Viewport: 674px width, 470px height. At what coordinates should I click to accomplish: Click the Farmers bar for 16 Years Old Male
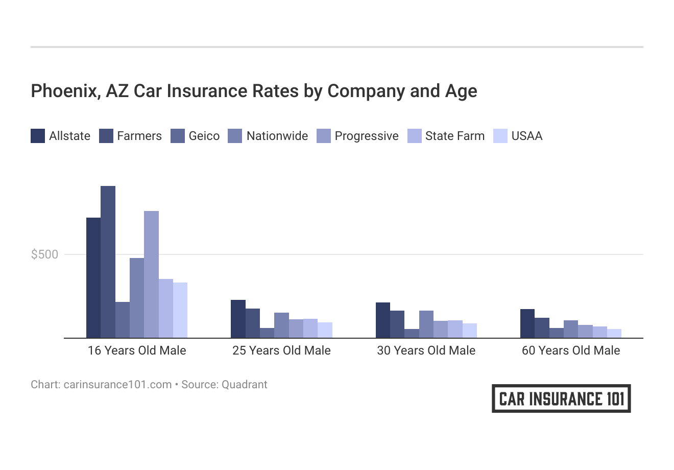pyautogui.click(x=108, y=262)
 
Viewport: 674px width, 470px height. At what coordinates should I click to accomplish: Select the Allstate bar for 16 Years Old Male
pyautogui.click(x=93, y=277)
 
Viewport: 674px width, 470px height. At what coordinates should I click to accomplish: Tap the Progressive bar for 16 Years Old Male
pyautogui.click(x=151, y=274)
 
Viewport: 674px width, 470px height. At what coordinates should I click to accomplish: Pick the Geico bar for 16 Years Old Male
pyautogui.click(x=123, y=320)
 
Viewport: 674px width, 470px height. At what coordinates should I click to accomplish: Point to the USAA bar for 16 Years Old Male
pyautogui.click(x=180, y=310)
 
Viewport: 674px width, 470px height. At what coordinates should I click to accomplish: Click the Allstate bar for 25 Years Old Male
pyautogui.click(x=238, y=319)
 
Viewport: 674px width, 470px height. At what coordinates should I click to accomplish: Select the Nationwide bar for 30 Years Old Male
pyautogui.click(x=426, y=324)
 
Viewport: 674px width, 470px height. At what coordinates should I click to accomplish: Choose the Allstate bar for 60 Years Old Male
pyautogui.click(x=527, y=323)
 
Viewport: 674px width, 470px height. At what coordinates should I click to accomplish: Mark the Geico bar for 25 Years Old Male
pyautogui.click(x=267, y=333)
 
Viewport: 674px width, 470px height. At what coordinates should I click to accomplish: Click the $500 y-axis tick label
pyautogui.click(x=45, y=254)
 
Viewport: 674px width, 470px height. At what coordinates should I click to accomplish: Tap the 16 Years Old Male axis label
pyautogui.click(x=137, y=350)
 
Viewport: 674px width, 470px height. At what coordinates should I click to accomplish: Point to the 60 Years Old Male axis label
pyautogui.click(x=571, y=350)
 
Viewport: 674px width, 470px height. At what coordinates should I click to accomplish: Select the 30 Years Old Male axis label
pyautogui.click(x=426, y=350)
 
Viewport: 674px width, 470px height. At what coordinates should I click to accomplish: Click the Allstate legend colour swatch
pyautogui.click(x=38, y=136)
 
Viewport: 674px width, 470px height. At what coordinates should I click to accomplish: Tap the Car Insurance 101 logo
pyautogui.click(x=561, y=398)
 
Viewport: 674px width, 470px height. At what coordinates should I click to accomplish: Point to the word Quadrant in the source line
pyautogui.click(x=244, y=385)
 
